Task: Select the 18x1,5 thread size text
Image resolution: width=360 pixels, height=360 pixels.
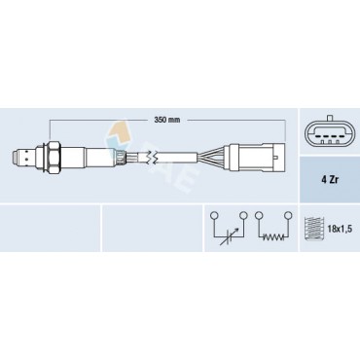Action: pyautogui.click(x=338, y=229)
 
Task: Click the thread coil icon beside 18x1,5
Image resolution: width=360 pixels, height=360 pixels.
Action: pyautogui.click(x=312, y=229)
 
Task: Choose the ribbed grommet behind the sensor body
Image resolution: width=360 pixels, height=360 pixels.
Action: pyautogui.click(x=119, y=155)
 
